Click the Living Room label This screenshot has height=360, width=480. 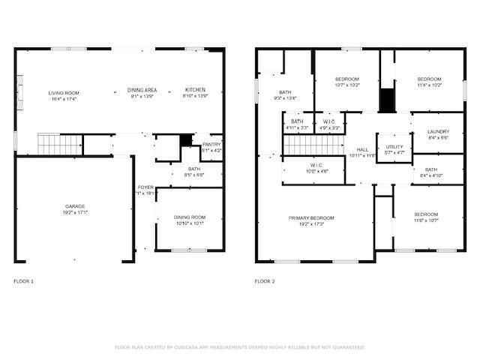[64, 93]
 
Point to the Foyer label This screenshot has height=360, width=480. [145, 187]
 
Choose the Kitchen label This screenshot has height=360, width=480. [195, 90]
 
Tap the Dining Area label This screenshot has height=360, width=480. [142, 90]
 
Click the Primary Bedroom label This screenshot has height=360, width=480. [311, 218]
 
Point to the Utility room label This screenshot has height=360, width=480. [394, 146]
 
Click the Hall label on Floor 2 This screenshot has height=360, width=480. [363, 149]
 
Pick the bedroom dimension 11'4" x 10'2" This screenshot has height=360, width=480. [430, 85]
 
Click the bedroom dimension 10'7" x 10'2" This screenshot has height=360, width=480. [347, 85]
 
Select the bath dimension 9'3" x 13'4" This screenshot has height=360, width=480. [285, 98]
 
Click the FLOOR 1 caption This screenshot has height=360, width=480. [24, 281]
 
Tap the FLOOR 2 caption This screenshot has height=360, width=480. [265, 281]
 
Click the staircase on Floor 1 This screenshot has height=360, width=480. [59, 142]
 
